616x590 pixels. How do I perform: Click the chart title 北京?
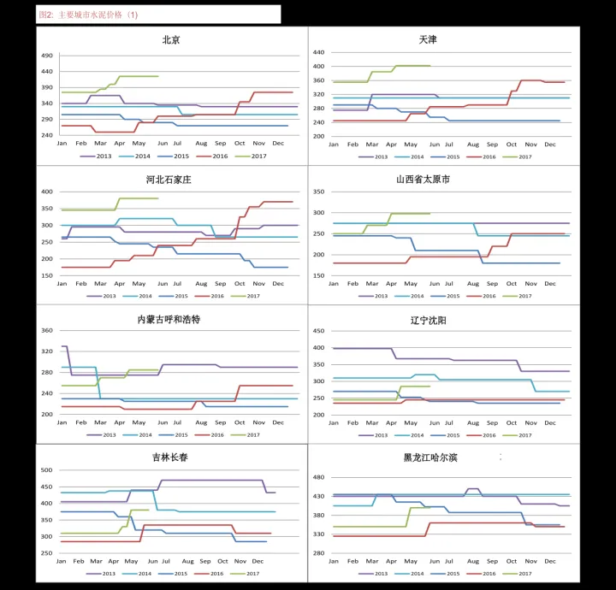170,39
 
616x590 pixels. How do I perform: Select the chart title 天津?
428,39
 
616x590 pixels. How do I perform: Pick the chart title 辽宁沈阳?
428,320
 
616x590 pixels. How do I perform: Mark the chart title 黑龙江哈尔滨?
430,457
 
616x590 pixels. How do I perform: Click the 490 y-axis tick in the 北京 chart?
46,56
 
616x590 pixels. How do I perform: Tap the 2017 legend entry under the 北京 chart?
253,156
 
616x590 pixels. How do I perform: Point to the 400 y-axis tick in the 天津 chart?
318,66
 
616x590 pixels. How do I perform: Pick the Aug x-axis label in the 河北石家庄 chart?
201,283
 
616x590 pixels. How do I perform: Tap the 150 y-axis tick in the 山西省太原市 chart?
318,275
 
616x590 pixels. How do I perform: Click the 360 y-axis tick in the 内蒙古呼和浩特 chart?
47,330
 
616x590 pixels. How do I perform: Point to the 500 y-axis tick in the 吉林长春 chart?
47,470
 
